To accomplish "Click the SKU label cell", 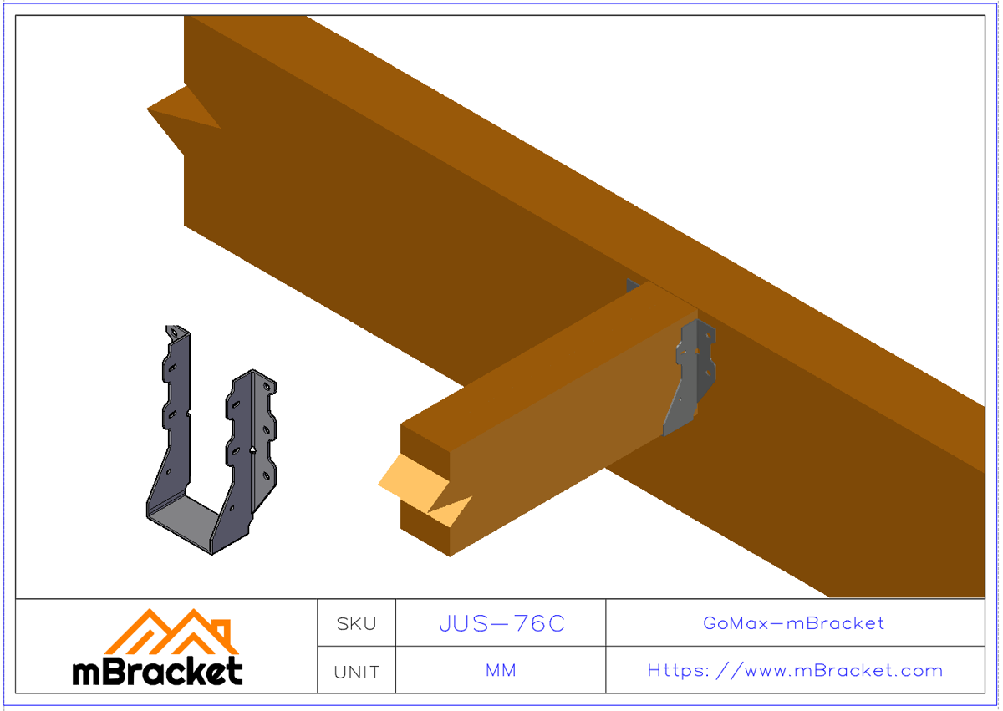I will click(356, 623).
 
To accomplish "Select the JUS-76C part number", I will click(501, 623).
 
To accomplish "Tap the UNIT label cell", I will click(356, 671).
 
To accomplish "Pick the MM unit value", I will click(501, 671).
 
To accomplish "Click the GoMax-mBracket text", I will click(794, 623).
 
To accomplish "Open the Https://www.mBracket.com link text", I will click(794, 671).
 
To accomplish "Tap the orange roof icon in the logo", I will click(171, 631).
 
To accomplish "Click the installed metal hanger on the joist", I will click(692, 376).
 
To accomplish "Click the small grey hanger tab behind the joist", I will click(633, 286).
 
